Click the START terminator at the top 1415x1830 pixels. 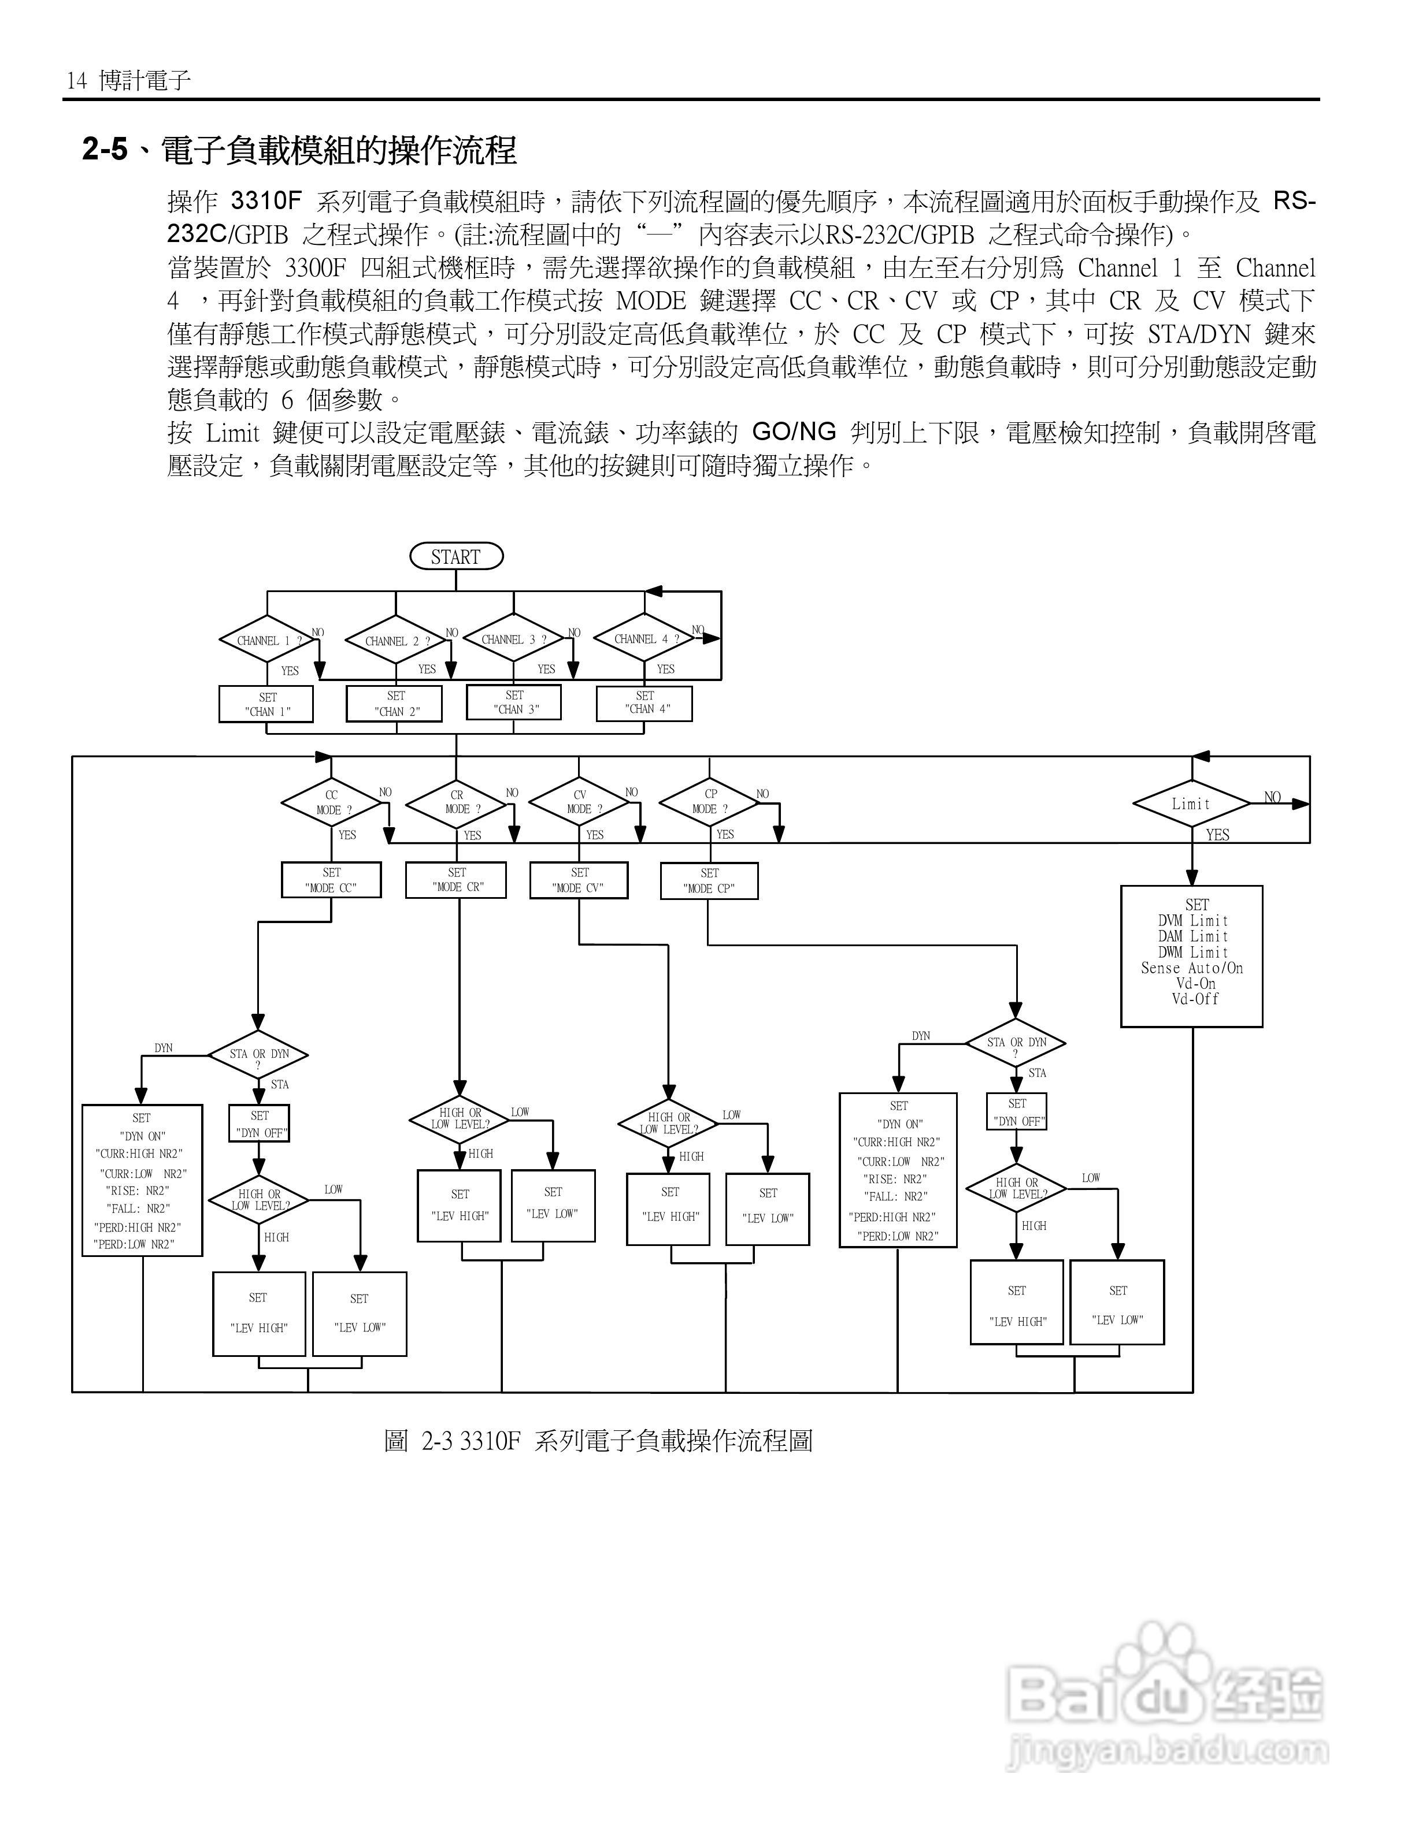tap(456, 556)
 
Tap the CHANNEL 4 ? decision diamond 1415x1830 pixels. tap(644, 638)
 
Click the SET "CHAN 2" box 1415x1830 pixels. tap(395, 703)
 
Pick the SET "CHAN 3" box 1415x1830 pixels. tap(514, 702)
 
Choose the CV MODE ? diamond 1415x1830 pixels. tap(579, 802)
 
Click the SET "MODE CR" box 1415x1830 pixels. tap(456, 880)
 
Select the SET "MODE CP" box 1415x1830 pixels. tap(709, 881)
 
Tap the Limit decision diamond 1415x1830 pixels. tap(1191, 804)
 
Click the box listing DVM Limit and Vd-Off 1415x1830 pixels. tap(1191, 956)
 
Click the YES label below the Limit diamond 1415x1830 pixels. tap(1217, 835)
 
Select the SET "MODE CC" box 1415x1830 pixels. tap(331, 880)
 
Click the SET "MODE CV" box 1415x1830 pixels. tap(579, 880)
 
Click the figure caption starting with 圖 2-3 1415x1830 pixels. tap(598, 1441)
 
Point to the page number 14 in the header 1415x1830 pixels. tap(76, 80)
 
